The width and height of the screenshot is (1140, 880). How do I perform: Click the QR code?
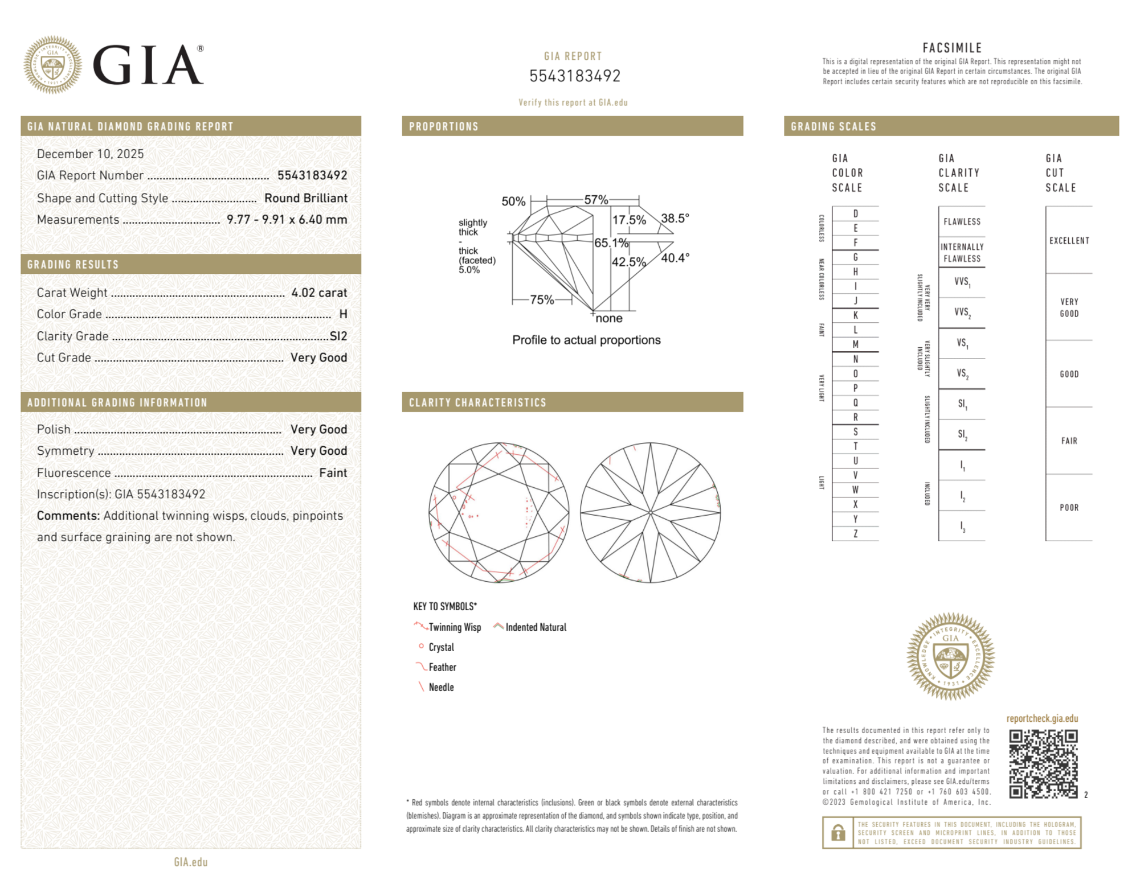click(x=1043, y=764)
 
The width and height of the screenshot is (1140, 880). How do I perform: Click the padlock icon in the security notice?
click(x=837, y=832)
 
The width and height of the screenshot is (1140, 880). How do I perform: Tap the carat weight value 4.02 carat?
click(x=319, y=293)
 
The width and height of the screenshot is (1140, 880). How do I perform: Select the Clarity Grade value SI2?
click(x=338, y=336)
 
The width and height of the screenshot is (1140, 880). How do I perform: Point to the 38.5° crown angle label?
click(x=675, y=218)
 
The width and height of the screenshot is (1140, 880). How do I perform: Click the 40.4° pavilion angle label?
click(x=675, y=258)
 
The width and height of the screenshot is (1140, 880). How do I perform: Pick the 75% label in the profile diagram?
click(x=542, y=299)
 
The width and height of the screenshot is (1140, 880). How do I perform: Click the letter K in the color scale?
click(x=855, y=315)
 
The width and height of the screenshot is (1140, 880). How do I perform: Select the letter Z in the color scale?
click(x=855, y=533)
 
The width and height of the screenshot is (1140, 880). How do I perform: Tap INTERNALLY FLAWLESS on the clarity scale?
click(x=962, y=252)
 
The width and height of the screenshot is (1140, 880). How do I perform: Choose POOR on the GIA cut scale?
click(x=1069, y=507)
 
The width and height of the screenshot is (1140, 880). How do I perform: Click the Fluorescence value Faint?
click(x=333, y=472)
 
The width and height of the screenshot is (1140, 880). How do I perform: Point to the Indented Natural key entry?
click(x=536, y=627)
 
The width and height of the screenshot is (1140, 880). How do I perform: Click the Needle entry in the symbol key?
click(x=441, y=687)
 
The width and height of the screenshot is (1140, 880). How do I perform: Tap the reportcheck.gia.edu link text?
click(x=1042, y=718)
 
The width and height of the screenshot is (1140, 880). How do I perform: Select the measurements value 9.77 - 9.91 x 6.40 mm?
click(x=287, y=220)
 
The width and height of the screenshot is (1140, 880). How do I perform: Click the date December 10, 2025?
click(x=90, y=154)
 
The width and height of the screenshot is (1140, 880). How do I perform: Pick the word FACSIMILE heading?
click(x=952, y=48)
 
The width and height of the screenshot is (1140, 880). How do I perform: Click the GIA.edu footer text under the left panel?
click(x=191, y=862)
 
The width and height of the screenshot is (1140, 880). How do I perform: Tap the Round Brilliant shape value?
click(x=305, y=198)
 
